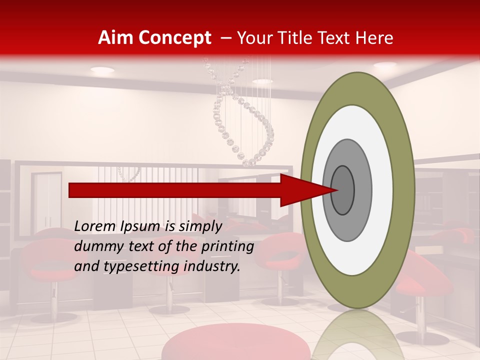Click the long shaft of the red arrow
[x=175, y=190]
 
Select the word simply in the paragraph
[x=200, y=226]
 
